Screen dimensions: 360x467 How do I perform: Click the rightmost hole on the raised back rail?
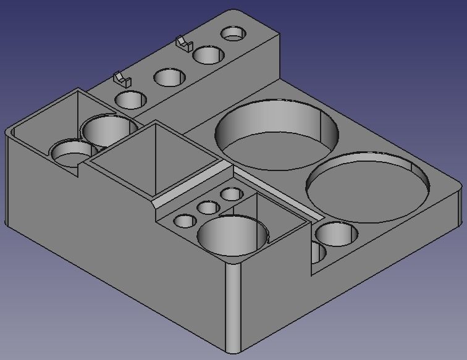click(x=233, y=33)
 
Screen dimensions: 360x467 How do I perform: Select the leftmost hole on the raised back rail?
click(x=130, y=99)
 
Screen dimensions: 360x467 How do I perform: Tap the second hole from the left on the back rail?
click(x=169, y=78)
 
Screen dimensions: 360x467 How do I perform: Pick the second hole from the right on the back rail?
click(x=208, y=54)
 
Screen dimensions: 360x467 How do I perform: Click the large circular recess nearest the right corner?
click(x=368, y=187)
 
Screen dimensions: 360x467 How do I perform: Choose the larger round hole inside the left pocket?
click(x=109, y=130)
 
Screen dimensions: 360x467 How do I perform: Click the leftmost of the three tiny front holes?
click(x=185, y=220)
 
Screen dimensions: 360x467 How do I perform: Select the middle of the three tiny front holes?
click(x=208, y=207)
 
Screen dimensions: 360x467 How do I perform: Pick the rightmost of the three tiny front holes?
click(x=231, y=194)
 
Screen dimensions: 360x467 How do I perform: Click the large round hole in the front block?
click(x=232, y=236)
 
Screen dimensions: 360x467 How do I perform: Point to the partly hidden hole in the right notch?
click(x=318, y=252)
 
